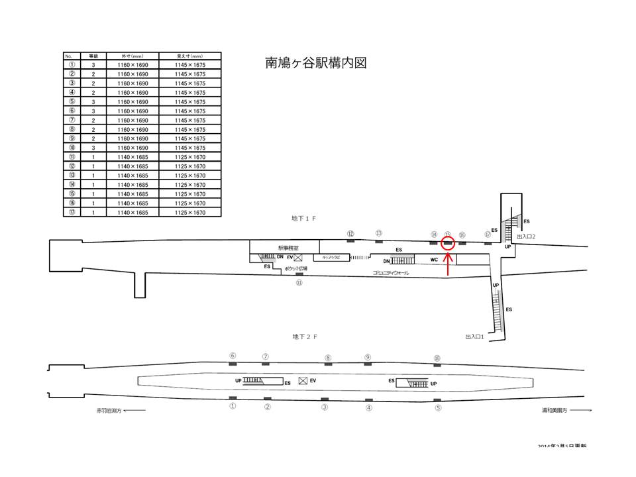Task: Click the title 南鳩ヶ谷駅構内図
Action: pos(315,64)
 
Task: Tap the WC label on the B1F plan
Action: pos(434,259)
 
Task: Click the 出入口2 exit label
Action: pos(525,237)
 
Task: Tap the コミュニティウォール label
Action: pos(390,272)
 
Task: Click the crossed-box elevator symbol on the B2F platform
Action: pos(303,380)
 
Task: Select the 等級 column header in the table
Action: pos(93,56)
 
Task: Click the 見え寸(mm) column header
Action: pos(189,56)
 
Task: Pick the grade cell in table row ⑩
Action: pos(93,148)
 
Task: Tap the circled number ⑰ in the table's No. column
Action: pos(72,212)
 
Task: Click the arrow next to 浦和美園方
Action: pos(582,411)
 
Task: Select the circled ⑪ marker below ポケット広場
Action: pos(299,282)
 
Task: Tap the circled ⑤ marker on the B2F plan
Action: pos(438,408)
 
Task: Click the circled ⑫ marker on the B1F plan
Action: pos(350,233)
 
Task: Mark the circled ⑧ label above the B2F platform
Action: pos(327,358)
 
